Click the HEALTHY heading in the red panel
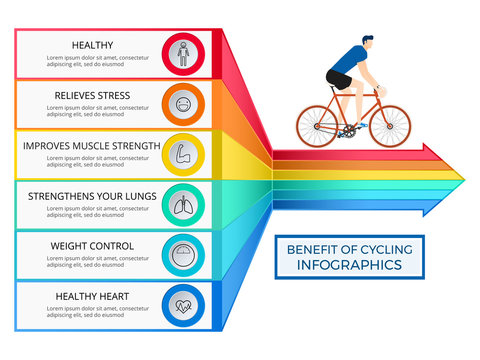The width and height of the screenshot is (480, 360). coord(92,45)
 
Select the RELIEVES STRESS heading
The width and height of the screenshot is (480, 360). coord(92,95)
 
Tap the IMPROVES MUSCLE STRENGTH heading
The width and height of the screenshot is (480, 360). coord(91,146)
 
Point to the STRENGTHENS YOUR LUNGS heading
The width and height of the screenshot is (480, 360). coord(91,197)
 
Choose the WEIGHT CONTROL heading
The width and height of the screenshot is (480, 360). coord(92,246)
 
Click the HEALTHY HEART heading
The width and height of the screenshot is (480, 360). coord(92,296)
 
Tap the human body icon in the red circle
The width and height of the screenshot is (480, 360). coord(182,53)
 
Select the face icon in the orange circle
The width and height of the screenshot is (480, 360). coord(182,103)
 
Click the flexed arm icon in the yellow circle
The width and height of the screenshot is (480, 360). coord(182,154)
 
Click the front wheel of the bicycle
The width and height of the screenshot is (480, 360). coord(390,126)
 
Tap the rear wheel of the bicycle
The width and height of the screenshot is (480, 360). coord(317,126)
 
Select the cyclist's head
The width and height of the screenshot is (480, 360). coord(367,45)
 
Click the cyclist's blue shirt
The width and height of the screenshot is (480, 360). coord(346,62)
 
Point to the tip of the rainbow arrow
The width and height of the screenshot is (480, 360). coord(463,179)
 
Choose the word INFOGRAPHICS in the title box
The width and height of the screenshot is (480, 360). coord(349,265)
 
